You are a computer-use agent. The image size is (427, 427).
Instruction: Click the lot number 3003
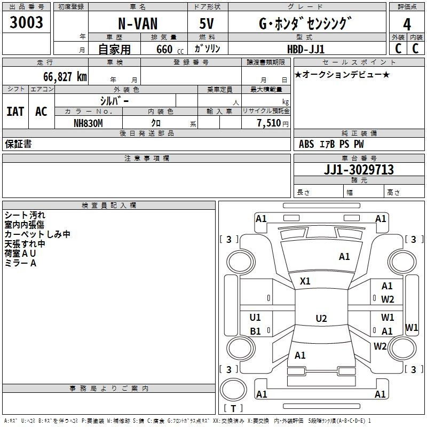pyautogui.click(x=27, y=23)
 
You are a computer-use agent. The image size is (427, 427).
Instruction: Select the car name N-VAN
pyautogui.click(x=138, y=25)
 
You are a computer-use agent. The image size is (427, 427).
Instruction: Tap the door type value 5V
pyautogui.click(x=207, y=25)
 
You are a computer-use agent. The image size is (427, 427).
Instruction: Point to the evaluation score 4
pyautogui.click(x=407, y=25)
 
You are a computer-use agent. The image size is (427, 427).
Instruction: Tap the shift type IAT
pyautogui.click(x=15, y=112)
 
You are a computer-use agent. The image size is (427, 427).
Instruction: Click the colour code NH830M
pyautogui.click(x=88, y=123)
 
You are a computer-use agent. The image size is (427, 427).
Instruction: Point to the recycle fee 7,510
pyautogui.click(x=268, y=123)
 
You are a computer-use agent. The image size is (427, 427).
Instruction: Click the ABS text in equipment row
pyautogui.click(x=306, y=144)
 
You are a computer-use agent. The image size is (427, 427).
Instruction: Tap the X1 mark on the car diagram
pyautogui.click(x=305, y=281)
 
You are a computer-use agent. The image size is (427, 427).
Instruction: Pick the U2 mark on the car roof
pyautogui.click(x=321, y=319)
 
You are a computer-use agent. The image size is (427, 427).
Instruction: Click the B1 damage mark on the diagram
pyautogui.click(x=255, y=331)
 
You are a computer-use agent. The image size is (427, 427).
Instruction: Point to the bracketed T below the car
pyautogui.click(x=233, y=409)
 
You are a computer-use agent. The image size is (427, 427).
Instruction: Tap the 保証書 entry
pyautogui.click(x=18, y=144)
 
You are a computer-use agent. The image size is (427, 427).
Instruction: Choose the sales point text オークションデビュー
pyautogui.click(x=342, y=74)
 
